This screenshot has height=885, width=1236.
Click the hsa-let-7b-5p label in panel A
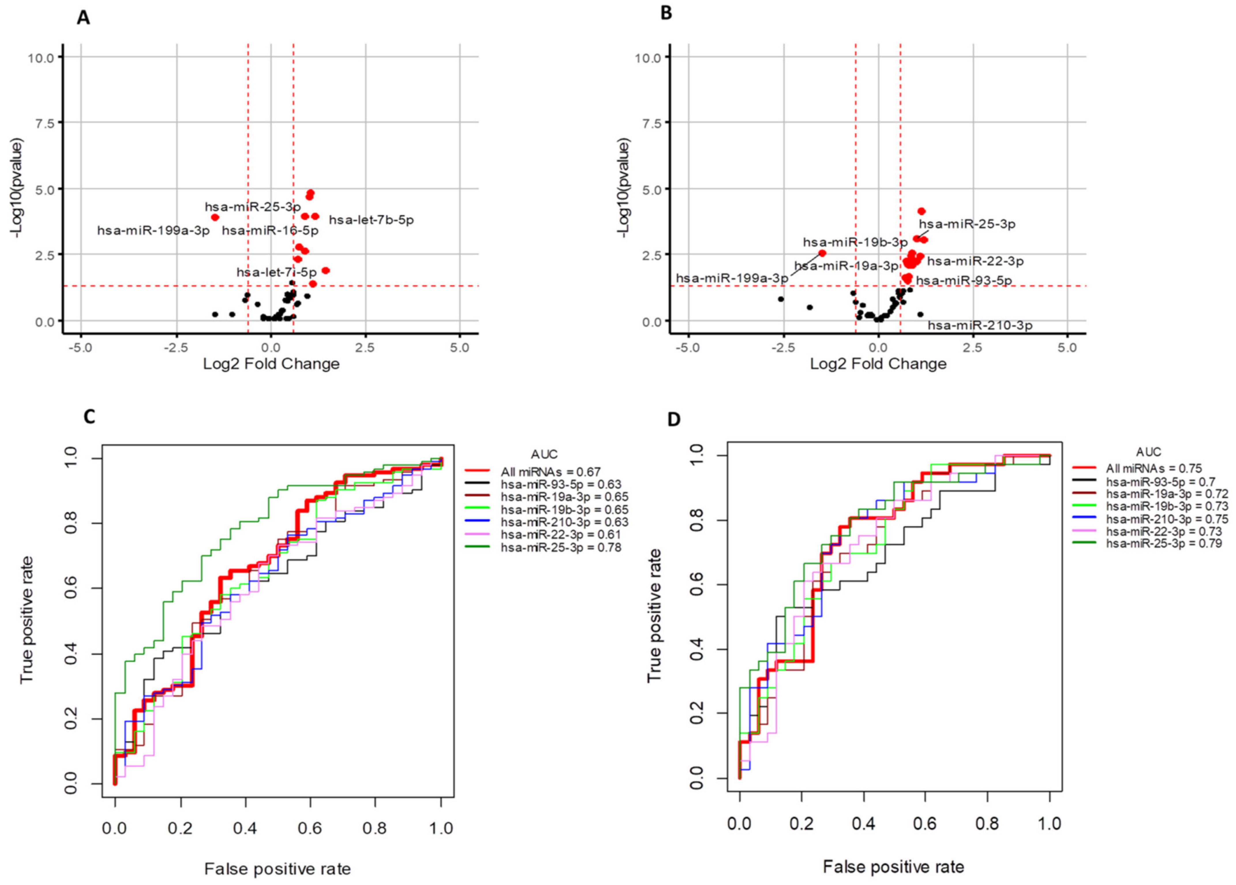tap(371, 220)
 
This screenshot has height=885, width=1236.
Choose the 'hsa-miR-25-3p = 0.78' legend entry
tap(561, 548)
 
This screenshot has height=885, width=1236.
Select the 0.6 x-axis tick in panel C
tap(310, 829)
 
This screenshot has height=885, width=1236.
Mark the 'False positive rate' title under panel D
tap(893, 867)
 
